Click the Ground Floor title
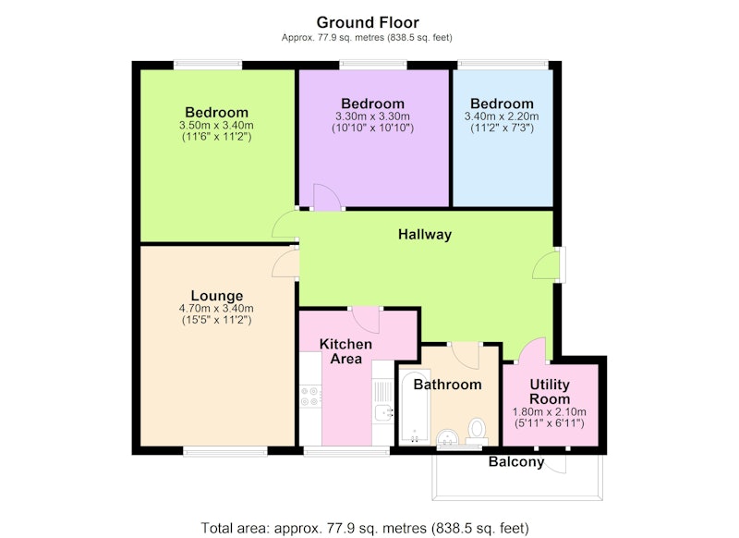[368, 22]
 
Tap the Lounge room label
[217, 296]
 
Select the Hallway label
[425, 235]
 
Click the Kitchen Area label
[345, 351]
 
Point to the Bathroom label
[447, 385]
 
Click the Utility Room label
[550, 391]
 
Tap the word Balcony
[516, 461]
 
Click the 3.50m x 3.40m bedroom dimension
[216, 126]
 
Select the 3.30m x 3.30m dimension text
[372, 116]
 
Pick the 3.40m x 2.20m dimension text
[502, 116]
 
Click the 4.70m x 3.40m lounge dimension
[216, 309]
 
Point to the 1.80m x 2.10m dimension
[550, 411]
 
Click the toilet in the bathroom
[477, 432]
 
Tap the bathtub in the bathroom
[415, 407]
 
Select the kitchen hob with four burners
[311, 396]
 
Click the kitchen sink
[384, 413]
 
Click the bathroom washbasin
[448, 437]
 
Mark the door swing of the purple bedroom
[326, 197]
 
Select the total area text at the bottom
[365, 528]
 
